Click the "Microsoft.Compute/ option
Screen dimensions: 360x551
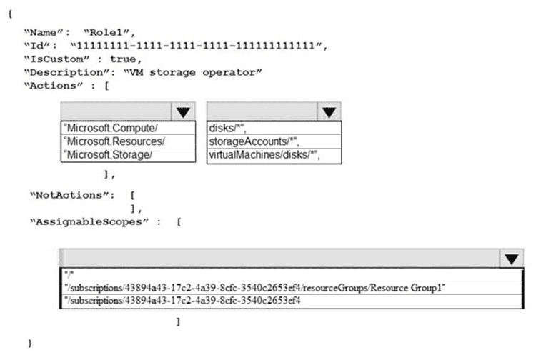point(110,128)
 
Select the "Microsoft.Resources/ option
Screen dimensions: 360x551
point(114,141)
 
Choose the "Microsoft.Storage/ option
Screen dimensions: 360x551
point(109,155)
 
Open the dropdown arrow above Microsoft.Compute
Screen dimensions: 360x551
point(183,111)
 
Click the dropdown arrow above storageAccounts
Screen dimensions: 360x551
point(328,111)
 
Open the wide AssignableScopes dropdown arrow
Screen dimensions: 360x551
point(511,259)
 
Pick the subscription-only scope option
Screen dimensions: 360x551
point(182,300)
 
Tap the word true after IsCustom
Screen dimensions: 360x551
point(124,59)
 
